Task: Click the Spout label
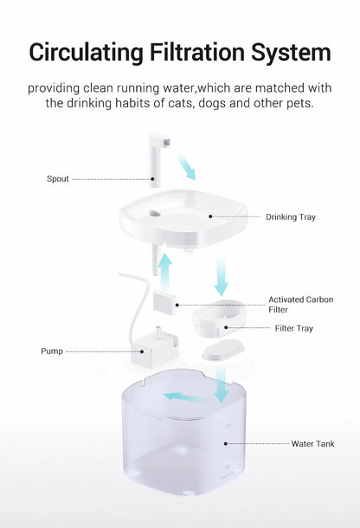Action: coord(57,179)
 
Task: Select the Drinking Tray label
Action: coord(290,217)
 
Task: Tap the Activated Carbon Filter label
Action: coord(300,304)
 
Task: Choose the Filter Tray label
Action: coord(294,328)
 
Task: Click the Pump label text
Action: coord(51,351)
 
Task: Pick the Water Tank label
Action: coord(312,444)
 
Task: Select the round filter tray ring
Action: coord(218,319)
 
